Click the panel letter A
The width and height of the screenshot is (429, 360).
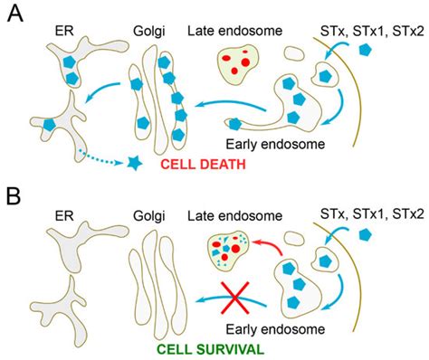(x=15, y=16)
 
